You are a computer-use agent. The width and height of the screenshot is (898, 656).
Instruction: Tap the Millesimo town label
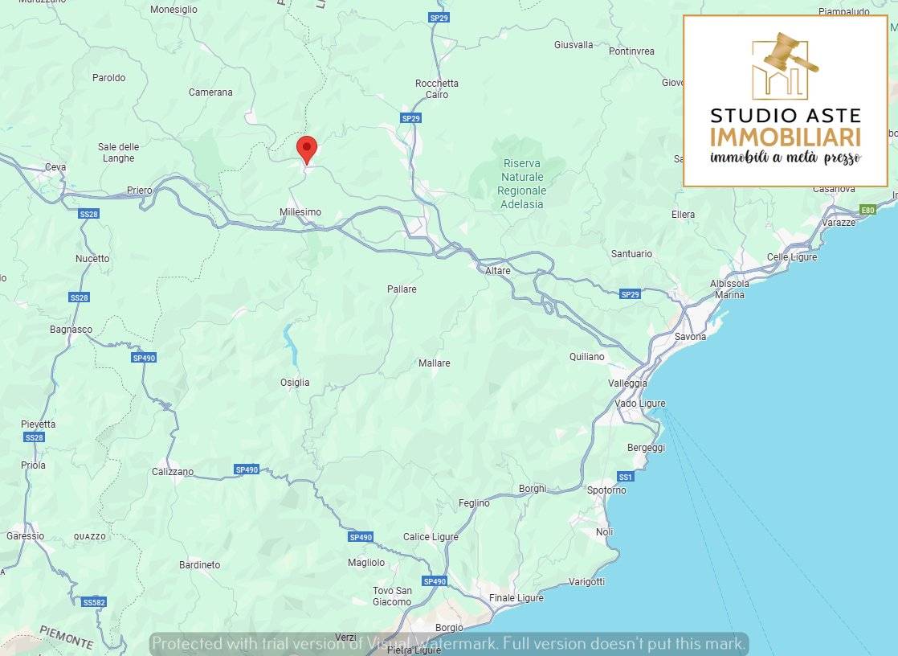300,212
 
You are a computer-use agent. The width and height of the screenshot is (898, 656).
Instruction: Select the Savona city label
690,337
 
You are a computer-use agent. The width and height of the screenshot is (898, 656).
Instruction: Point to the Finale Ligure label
516,597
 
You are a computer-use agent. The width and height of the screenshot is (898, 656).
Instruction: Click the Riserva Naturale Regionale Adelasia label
522,184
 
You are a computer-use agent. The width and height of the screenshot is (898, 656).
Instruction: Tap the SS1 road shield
626,477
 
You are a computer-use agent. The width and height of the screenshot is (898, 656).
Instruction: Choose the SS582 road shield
94,602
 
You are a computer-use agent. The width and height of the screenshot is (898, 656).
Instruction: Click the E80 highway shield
867,210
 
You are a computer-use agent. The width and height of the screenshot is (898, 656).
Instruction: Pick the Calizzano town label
173,472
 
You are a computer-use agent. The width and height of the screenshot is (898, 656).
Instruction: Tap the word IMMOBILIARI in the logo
785,136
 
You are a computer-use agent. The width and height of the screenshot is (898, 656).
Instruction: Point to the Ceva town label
55,167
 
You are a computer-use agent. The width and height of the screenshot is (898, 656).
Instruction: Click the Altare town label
498,271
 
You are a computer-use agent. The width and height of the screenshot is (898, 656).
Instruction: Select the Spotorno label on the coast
606,490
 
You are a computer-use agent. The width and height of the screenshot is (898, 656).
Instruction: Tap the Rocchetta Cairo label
437,88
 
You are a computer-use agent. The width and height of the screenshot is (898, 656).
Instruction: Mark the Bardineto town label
199,565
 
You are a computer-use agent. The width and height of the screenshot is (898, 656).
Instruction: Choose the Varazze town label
839,222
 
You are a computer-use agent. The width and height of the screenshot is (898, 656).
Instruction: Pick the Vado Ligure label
640,404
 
